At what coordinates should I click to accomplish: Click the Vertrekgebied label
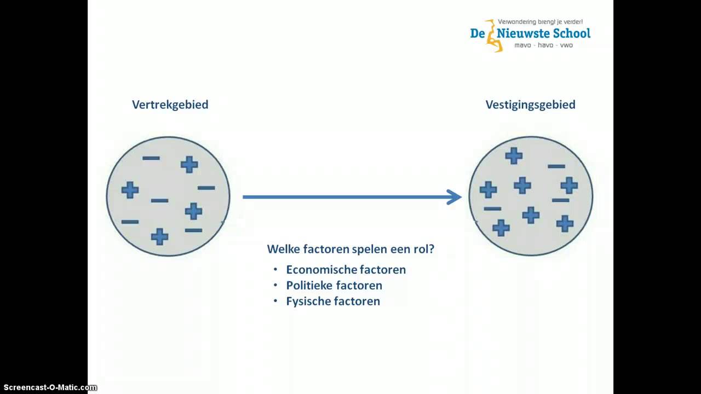pos(170,105)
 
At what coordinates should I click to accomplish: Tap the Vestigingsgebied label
pos(530,105)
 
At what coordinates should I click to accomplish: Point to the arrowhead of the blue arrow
pos(455,197)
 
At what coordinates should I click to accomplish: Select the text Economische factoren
pos(346,270)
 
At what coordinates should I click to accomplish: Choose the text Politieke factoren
pos(334,286)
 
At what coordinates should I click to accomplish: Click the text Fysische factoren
pos(333,302)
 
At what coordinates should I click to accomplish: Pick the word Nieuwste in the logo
pos(525,33)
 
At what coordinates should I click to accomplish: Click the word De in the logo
pos(478,33)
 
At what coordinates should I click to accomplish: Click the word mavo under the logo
pos(523,45)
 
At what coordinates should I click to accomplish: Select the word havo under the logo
pos(545,45)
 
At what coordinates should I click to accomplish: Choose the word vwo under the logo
pos(566,45)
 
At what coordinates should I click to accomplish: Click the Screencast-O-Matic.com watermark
pos(49,387)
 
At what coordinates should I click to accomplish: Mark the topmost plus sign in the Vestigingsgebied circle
pos(514,156)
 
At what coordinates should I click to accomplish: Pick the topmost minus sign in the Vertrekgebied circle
pos(151,159)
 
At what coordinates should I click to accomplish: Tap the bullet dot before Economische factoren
pos(275,270)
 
